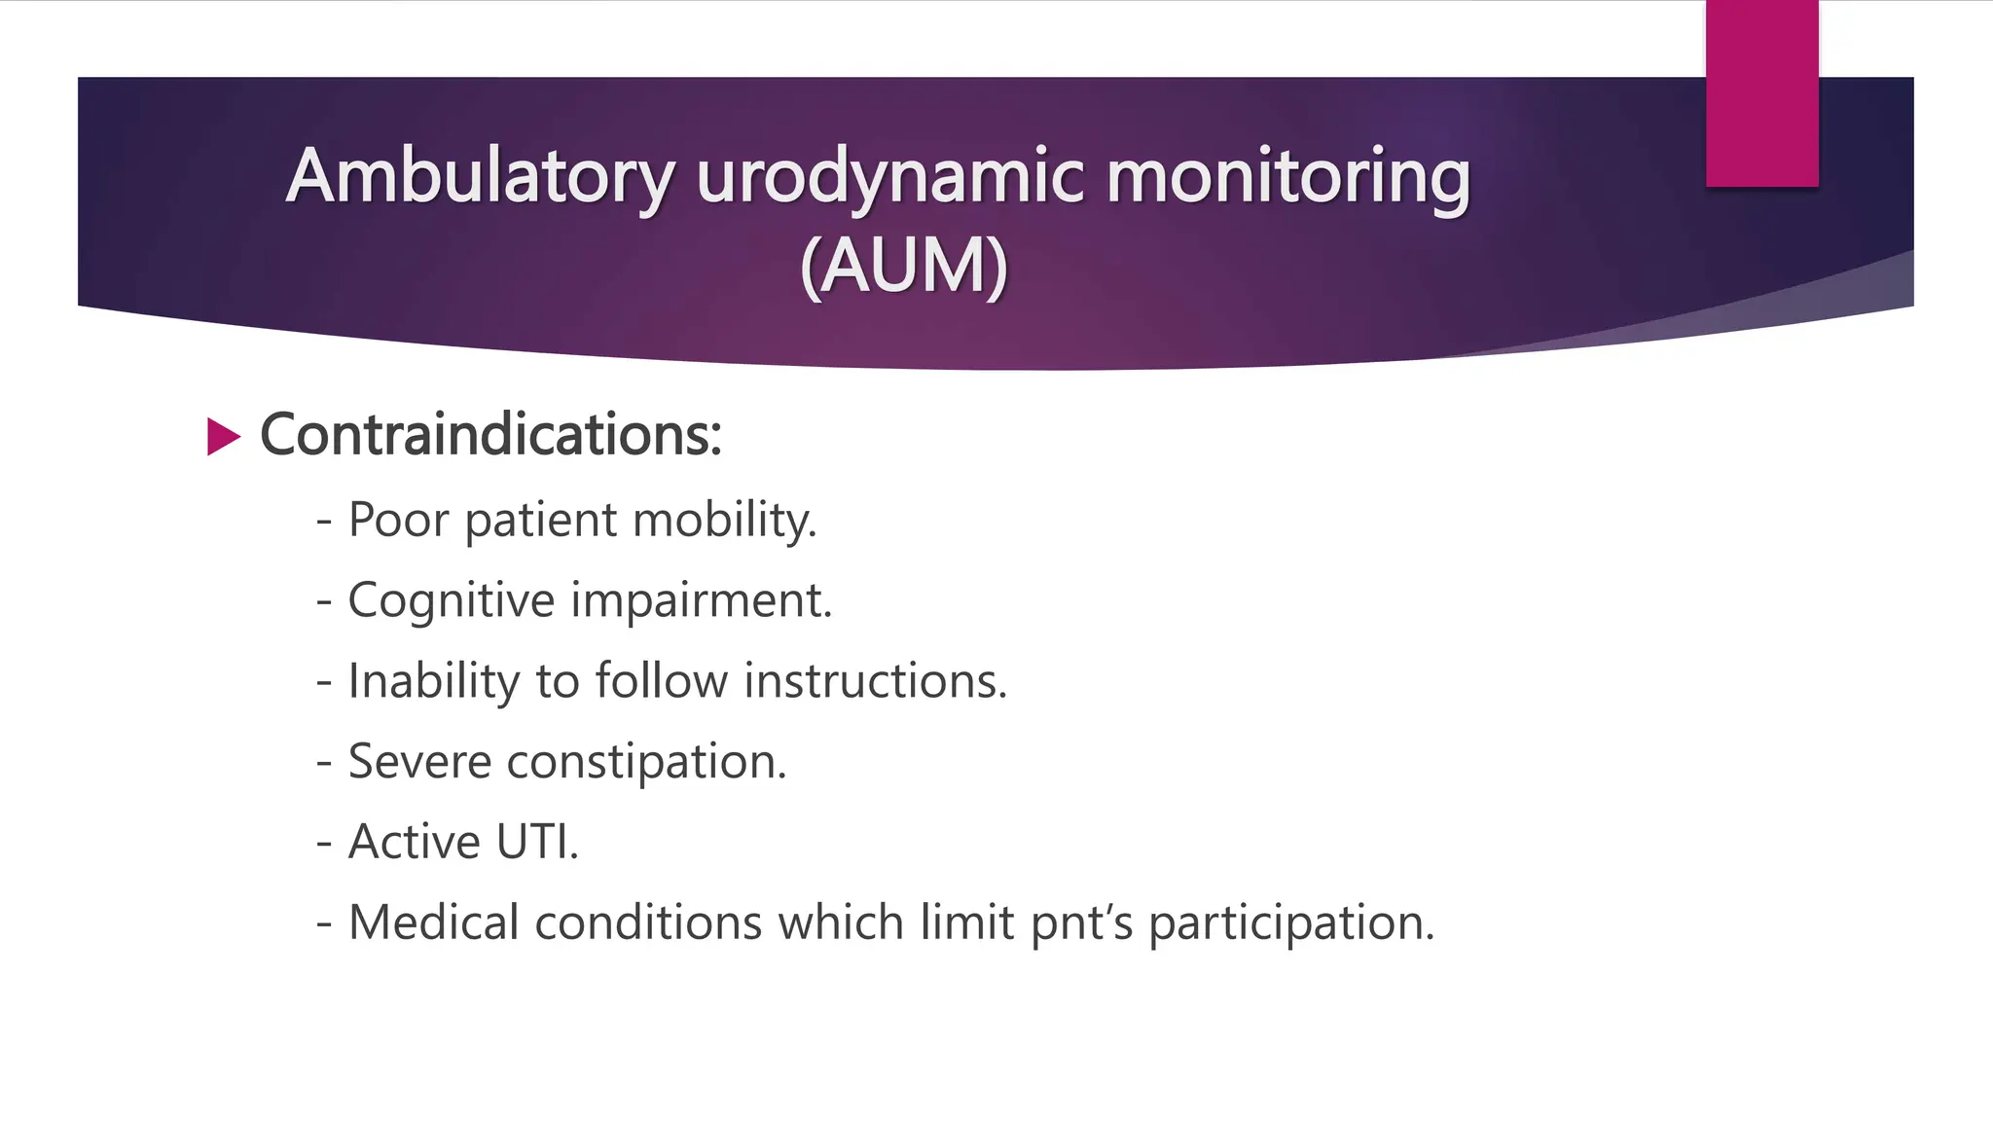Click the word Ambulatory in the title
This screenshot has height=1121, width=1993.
click(480, 178)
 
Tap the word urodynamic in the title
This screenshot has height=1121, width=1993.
click(889, 178)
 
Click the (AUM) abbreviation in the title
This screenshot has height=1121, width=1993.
click(903, 266)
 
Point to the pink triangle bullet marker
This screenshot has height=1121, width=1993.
click(223, 437)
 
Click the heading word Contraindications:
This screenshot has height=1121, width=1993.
click(490, 434)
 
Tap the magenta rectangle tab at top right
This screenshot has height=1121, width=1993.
click(1761, 93)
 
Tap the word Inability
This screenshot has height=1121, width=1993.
click(433, 681)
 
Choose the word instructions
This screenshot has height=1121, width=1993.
click(875, 681)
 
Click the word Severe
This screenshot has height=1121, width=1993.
click(419, 761)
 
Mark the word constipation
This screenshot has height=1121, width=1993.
click(646, 763)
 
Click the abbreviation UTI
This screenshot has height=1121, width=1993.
click(536, 842)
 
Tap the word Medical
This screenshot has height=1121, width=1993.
click(433, 922)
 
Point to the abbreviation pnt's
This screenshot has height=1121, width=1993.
click(1081, 924)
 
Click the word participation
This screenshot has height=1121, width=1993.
click(1290, 924)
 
